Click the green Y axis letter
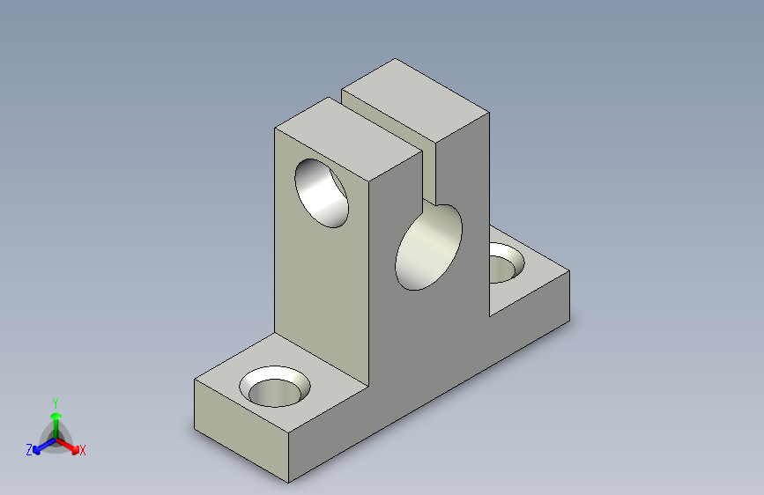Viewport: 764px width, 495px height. (56, 403)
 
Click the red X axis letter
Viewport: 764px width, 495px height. (82, 450)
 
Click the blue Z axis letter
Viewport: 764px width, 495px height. (29, 450)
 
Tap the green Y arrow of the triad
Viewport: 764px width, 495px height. (56, 425)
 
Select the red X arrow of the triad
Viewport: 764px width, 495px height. (68, 446)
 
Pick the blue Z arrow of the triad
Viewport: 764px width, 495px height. (44, 446)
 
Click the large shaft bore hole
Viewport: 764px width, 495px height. (428, 247)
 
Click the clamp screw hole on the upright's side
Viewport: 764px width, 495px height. (322, 193)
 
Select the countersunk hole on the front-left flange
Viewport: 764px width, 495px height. (275, 387)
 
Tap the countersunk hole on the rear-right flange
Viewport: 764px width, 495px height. (506, 263)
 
